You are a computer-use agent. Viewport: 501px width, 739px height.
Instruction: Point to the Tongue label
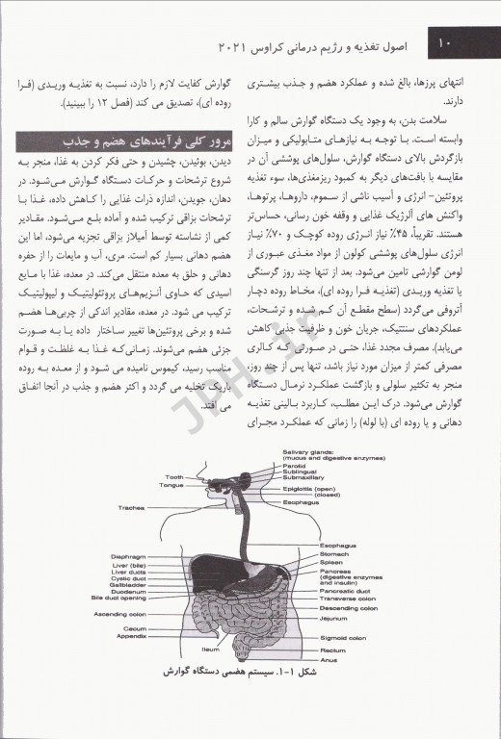pos(171,485)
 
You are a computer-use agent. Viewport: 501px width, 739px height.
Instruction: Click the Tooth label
pos(173,477)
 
